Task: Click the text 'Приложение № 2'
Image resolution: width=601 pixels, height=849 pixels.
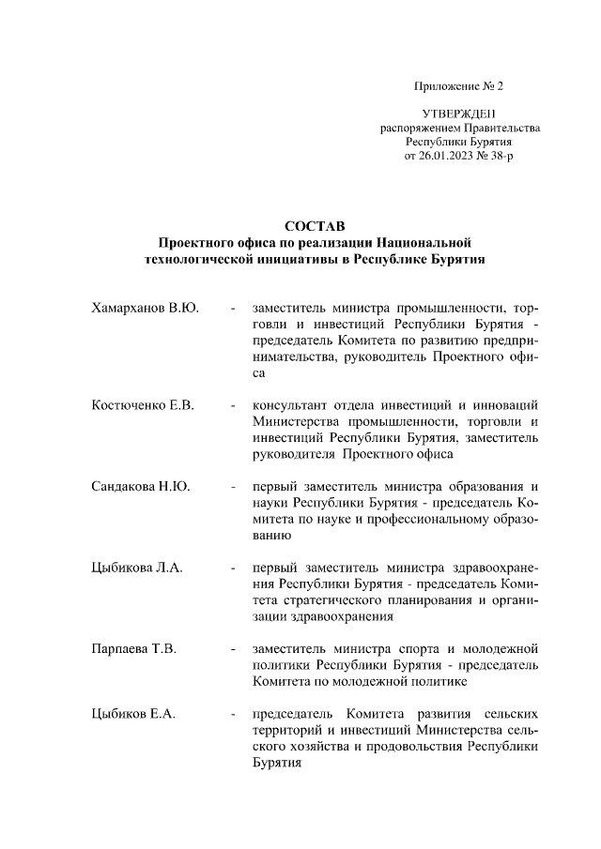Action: (459, 87)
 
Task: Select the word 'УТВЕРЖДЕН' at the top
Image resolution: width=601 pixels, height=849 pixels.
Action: (459, 114)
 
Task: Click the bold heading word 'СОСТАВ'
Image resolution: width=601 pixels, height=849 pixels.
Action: (315, 226)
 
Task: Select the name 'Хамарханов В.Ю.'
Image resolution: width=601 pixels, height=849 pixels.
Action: (145, 308)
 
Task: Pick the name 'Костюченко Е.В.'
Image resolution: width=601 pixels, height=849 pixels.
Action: (143, 405)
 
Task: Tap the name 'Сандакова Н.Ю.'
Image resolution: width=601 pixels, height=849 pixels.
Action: (141, 486)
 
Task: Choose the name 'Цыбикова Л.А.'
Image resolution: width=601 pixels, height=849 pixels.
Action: (137, 568)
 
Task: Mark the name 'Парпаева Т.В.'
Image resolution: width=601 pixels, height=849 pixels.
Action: (134, 648)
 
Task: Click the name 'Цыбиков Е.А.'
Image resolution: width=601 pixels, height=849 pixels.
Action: (134, 715)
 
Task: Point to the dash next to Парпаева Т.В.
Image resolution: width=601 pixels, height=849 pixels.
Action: (232, 648)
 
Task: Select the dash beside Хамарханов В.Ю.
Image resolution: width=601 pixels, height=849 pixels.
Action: (232, 308)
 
